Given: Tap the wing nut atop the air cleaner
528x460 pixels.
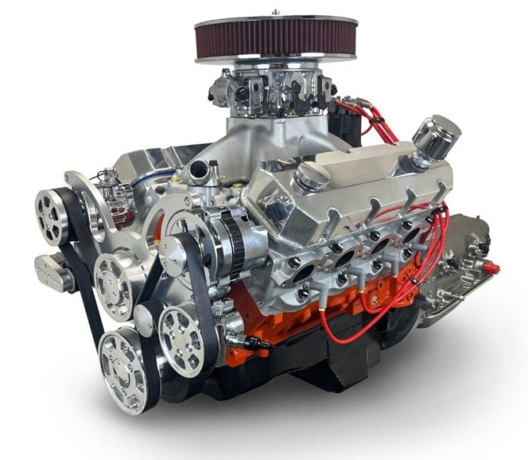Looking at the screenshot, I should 275,11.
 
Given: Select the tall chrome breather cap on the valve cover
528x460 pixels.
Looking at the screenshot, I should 435,138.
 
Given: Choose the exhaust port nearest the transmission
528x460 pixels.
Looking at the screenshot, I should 413,232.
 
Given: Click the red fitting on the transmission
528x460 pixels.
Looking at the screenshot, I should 491,269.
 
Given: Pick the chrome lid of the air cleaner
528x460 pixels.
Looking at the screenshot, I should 275,21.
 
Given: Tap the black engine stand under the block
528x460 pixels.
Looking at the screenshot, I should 321,367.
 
